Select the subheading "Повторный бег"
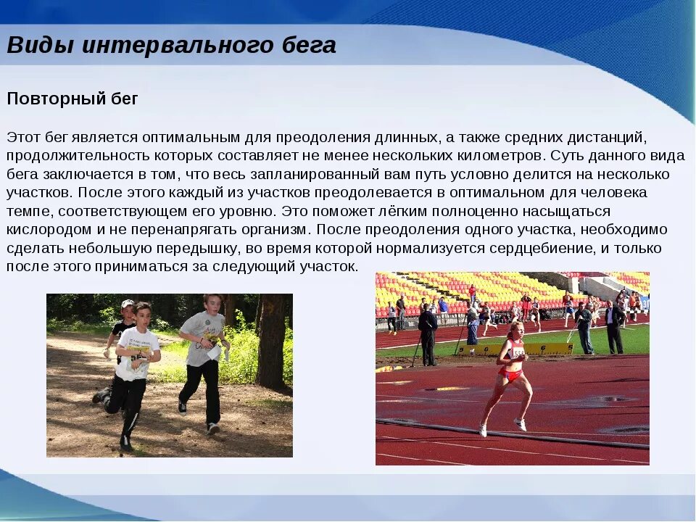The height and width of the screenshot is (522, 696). pyautogui.click(x=72, y=99)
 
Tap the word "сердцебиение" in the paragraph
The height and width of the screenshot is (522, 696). pyautogui.click(x=524, y=248)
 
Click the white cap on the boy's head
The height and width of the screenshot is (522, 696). pyautogui.click(x=128, y=304)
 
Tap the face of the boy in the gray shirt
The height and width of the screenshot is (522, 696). pyautogui.click(x=212, y=304)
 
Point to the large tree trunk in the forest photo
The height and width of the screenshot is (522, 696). pyautogui.click(x=273, y=341)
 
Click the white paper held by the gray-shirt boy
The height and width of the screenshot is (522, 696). pyautogui.click(x=215, y=352)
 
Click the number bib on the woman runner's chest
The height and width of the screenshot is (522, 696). pyautogui.click(x=517, y=354)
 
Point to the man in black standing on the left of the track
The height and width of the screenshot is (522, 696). pyautogui.click(x=428, y=333)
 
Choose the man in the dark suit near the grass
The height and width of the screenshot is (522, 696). pyautogui.click(x=614, y=326)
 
